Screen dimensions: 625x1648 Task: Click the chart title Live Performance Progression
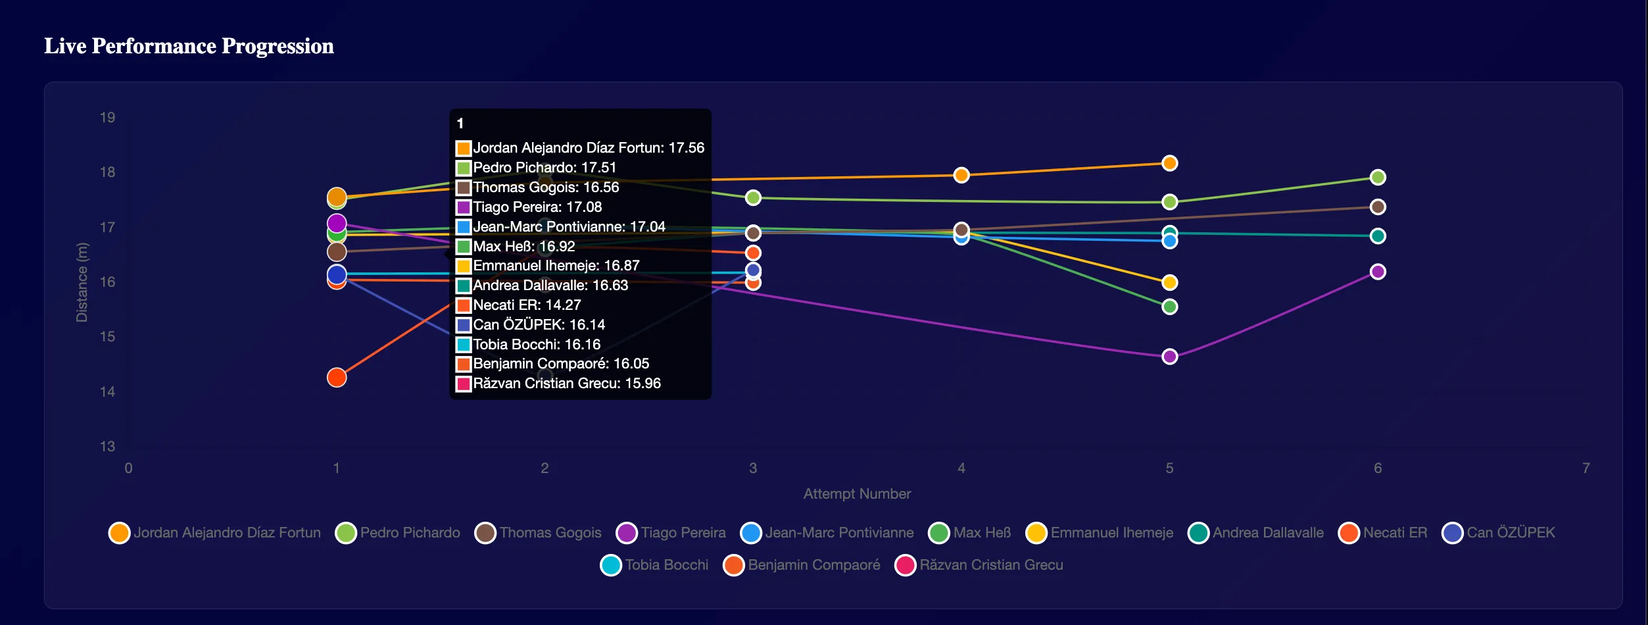tap(189, 46)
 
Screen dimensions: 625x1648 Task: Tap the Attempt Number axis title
tap(856, 494)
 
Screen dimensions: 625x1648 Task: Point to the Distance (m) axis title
tap(82, 282)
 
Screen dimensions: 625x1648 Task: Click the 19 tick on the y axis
tap(107, 118)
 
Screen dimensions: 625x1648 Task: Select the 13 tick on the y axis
tap(107, 447)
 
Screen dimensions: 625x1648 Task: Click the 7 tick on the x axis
tap(1586, 468)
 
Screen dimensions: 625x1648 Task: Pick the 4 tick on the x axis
tap(961, 468)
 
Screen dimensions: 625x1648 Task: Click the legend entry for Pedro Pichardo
tap(398, 533)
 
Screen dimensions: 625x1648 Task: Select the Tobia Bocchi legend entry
tap(655, 565)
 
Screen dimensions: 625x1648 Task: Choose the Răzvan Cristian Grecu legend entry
tap(979, 565)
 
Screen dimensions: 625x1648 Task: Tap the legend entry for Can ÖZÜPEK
tap(1499, 533)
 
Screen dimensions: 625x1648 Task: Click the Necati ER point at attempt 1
tap(337, 378)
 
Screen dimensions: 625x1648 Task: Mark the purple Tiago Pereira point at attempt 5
tap(1169, 357)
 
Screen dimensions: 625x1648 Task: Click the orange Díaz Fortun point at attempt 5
tap(1169, 163)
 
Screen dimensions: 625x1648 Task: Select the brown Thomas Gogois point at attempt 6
tap(1378, 207)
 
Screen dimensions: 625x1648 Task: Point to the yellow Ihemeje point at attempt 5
tap(1169, 283)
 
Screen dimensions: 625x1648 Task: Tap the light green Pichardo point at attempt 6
tap(1378, 178)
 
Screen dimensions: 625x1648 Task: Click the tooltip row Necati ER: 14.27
tap(526, 305)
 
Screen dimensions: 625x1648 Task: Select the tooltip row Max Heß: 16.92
tap(523, 247)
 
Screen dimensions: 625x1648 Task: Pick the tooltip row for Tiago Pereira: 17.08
tap(537, 207)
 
